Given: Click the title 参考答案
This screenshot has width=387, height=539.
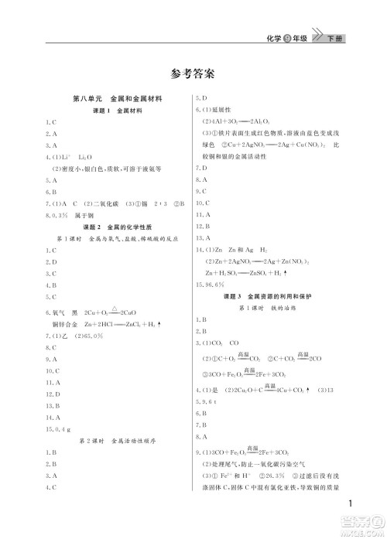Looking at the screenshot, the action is pos(193,74).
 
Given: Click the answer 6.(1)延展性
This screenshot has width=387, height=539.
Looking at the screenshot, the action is pos(217,111).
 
